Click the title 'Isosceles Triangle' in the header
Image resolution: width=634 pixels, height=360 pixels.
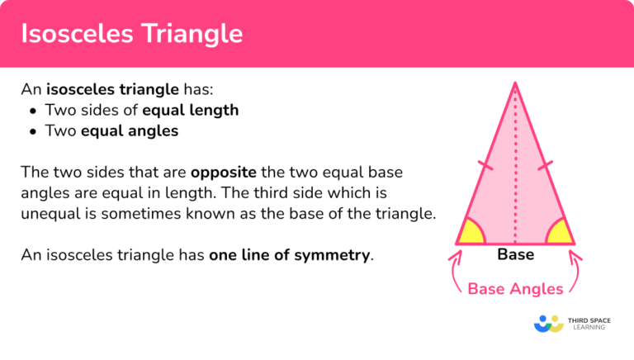[x=132, y=34]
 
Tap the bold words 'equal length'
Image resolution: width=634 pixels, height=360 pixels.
[x=191, y=111]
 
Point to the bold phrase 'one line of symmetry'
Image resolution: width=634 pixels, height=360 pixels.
[x=289, y=255]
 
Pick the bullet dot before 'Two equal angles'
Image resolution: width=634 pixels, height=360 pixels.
[x=32, y=131]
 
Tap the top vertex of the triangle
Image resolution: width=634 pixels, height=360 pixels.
[x=515, y=83]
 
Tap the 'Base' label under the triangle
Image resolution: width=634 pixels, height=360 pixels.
[x=515, y=254]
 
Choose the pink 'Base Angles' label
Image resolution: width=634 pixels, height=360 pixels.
[x=515, y=288]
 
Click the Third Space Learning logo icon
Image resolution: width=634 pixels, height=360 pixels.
[x=549, y=323]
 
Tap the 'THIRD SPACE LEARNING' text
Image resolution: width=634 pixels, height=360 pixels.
[x=589, y=323]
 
